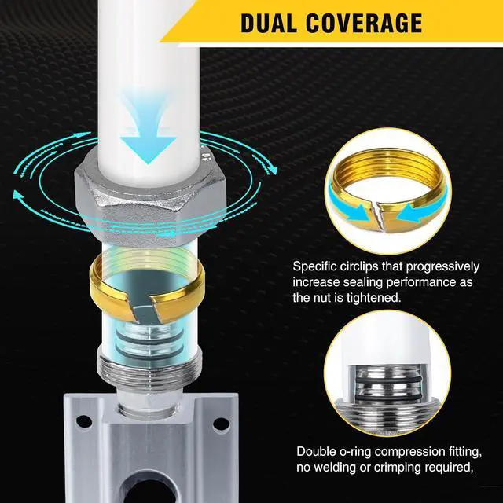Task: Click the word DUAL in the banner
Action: coord(269,23)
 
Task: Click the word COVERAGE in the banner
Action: coord(364,23)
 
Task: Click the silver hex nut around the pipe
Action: coord(150,196)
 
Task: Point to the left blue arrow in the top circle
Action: coord(348,207)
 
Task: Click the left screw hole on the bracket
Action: coord(84,421)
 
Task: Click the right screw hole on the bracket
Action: coord(222,424)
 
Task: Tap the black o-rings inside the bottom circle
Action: coord(387,388)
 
